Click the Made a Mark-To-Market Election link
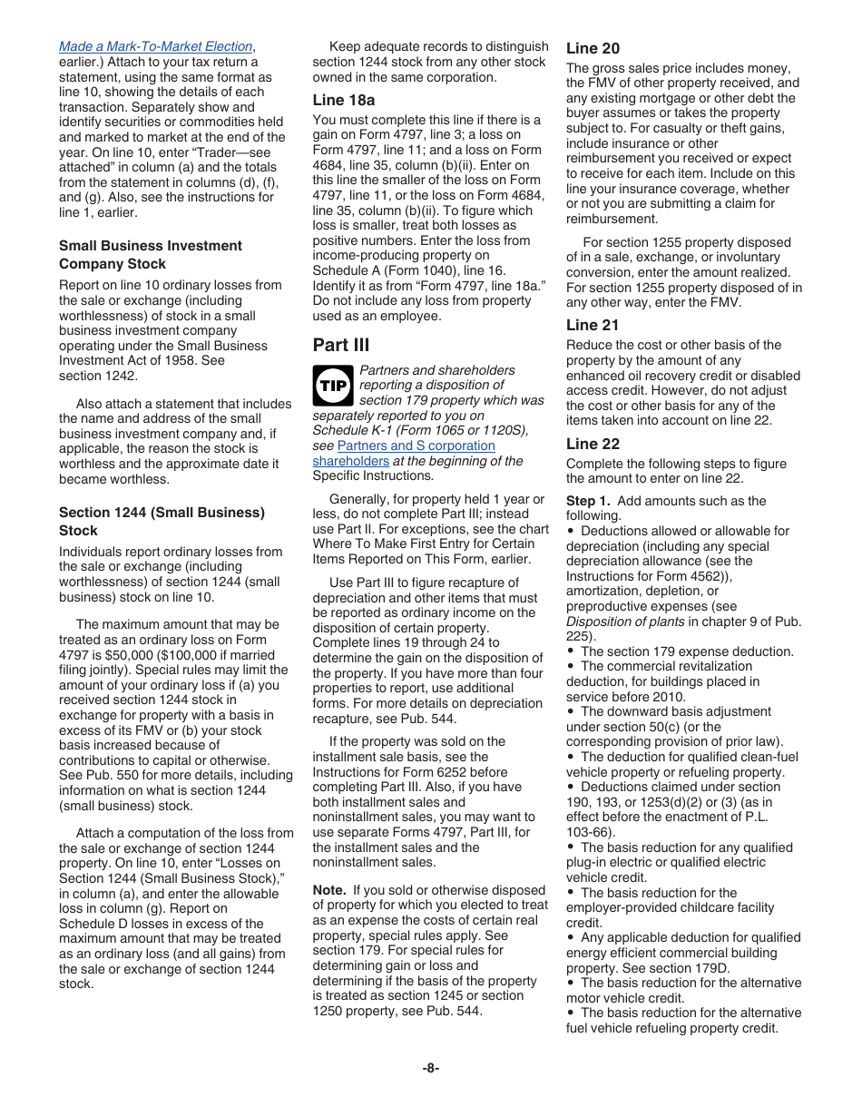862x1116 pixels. (155, 46)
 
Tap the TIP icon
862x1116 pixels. (331, 385)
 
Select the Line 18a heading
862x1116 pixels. (343, 100)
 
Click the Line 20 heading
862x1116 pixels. (593, 48)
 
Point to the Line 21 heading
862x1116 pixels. (593, 325)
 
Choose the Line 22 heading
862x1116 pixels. (593, 444)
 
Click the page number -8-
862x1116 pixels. (431, 1068)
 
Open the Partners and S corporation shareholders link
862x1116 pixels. (416, 445)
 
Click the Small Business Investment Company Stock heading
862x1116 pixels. (150, 255)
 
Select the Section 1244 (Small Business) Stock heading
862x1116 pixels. (162, 522)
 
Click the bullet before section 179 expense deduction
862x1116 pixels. (571, 651)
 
